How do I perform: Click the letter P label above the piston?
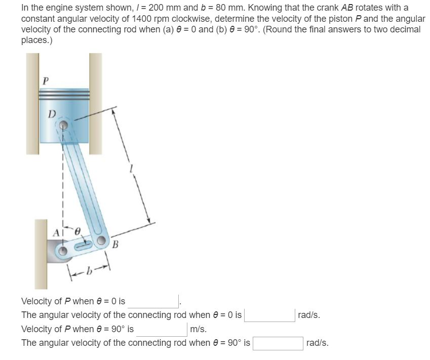46,80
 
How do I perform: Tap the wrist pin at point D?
63,125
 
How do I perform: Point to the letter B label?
115,246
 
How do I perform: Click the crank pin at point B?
101,242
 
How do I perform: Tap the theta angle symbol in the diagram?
77,231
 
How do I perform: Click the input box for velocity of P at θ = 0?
153,301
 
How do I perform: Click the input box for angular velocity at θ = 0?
269,315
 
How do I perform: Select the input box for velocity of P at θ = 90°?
161,329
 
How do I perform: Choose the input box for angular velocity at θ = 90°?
278,343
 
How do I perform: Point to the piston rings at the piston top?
64,95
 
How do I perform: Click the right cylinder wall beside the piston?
96,101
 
